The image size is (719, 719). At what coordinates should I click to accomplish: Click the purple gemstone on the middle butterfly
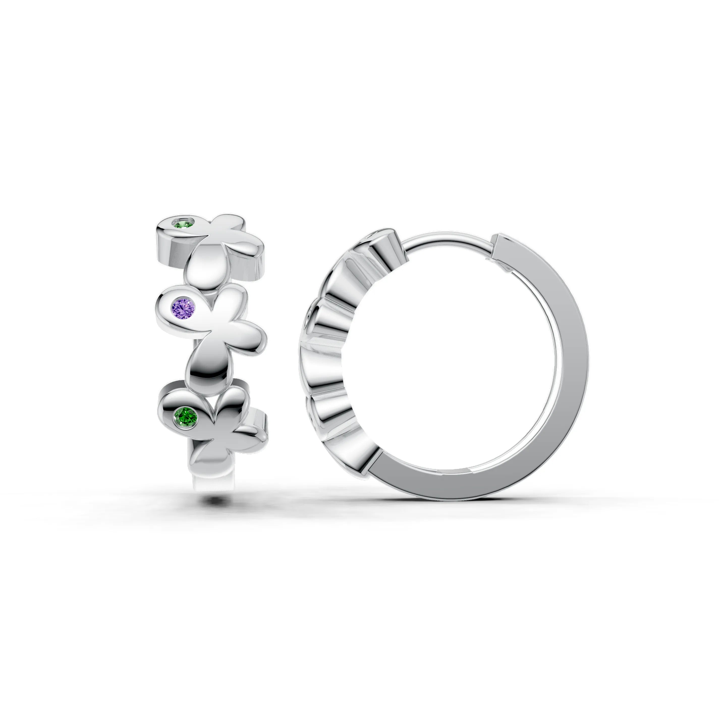pos(183,307)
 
